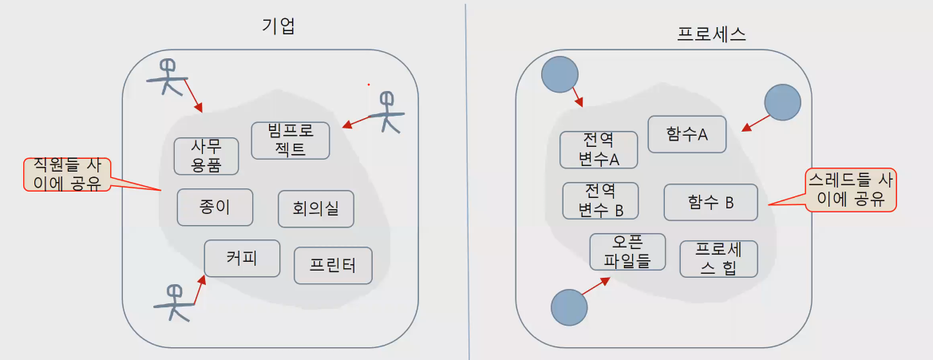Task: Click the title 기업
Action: pos(279,26)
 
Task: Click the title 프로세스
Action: pos(711,34)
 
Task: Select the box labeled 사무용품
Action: pos(207,156)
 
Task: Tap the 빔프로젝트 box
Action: pos(291,140)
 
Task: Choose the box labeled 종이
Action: pos(215,208)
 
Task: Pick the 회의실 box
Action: pos(316,209)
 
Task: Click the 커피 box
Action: pos(242,258)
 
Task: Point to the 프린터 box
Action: pos(334,265)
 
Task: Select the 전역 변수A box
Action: pos(599,149)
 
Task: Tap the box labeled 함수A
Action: pos(687,135)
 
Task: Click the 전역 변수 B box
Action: pos(600,200)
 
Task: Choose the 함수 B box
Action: pos(710,203)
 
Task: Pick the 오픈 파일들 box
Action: pos(627,251)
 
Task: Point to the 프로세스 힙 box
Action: pos(718,259)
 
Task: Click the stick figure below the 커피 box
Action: pos(175,303)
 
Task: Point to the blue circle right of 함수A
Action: pos(781,103)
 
